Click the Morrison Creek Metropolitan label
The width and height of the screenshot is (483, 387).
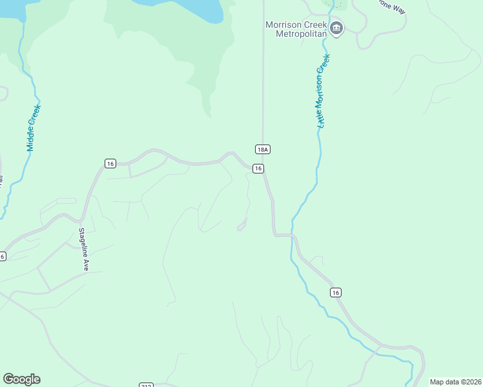[x=298, y=29]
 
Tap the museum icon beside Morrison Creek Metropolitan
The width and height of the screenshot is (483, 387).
[x=336, y=28]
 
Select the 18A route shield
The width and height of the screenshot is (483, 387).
[x=262, y=150]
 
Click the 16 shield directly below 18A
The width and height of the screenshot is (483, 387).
[x=258, y=168]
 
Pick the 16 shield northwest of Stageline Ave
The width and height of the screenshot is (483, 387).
[x=110, y=164]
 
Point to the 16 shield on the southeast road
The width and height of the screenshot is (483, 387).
[x=335, y=293]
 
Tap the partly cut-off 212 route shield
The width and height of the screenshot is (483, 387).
[x=146, y=385]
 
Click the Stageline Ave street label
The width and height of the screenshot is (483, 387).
[x=83, y=248]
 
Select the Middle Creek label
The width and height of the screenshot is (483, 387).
[x=34, y=128]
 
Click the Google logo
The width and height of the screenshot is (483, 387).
[x=21, y=379]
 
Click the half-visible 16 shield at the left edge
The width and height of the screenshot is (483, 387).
[x=3, y=256]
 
